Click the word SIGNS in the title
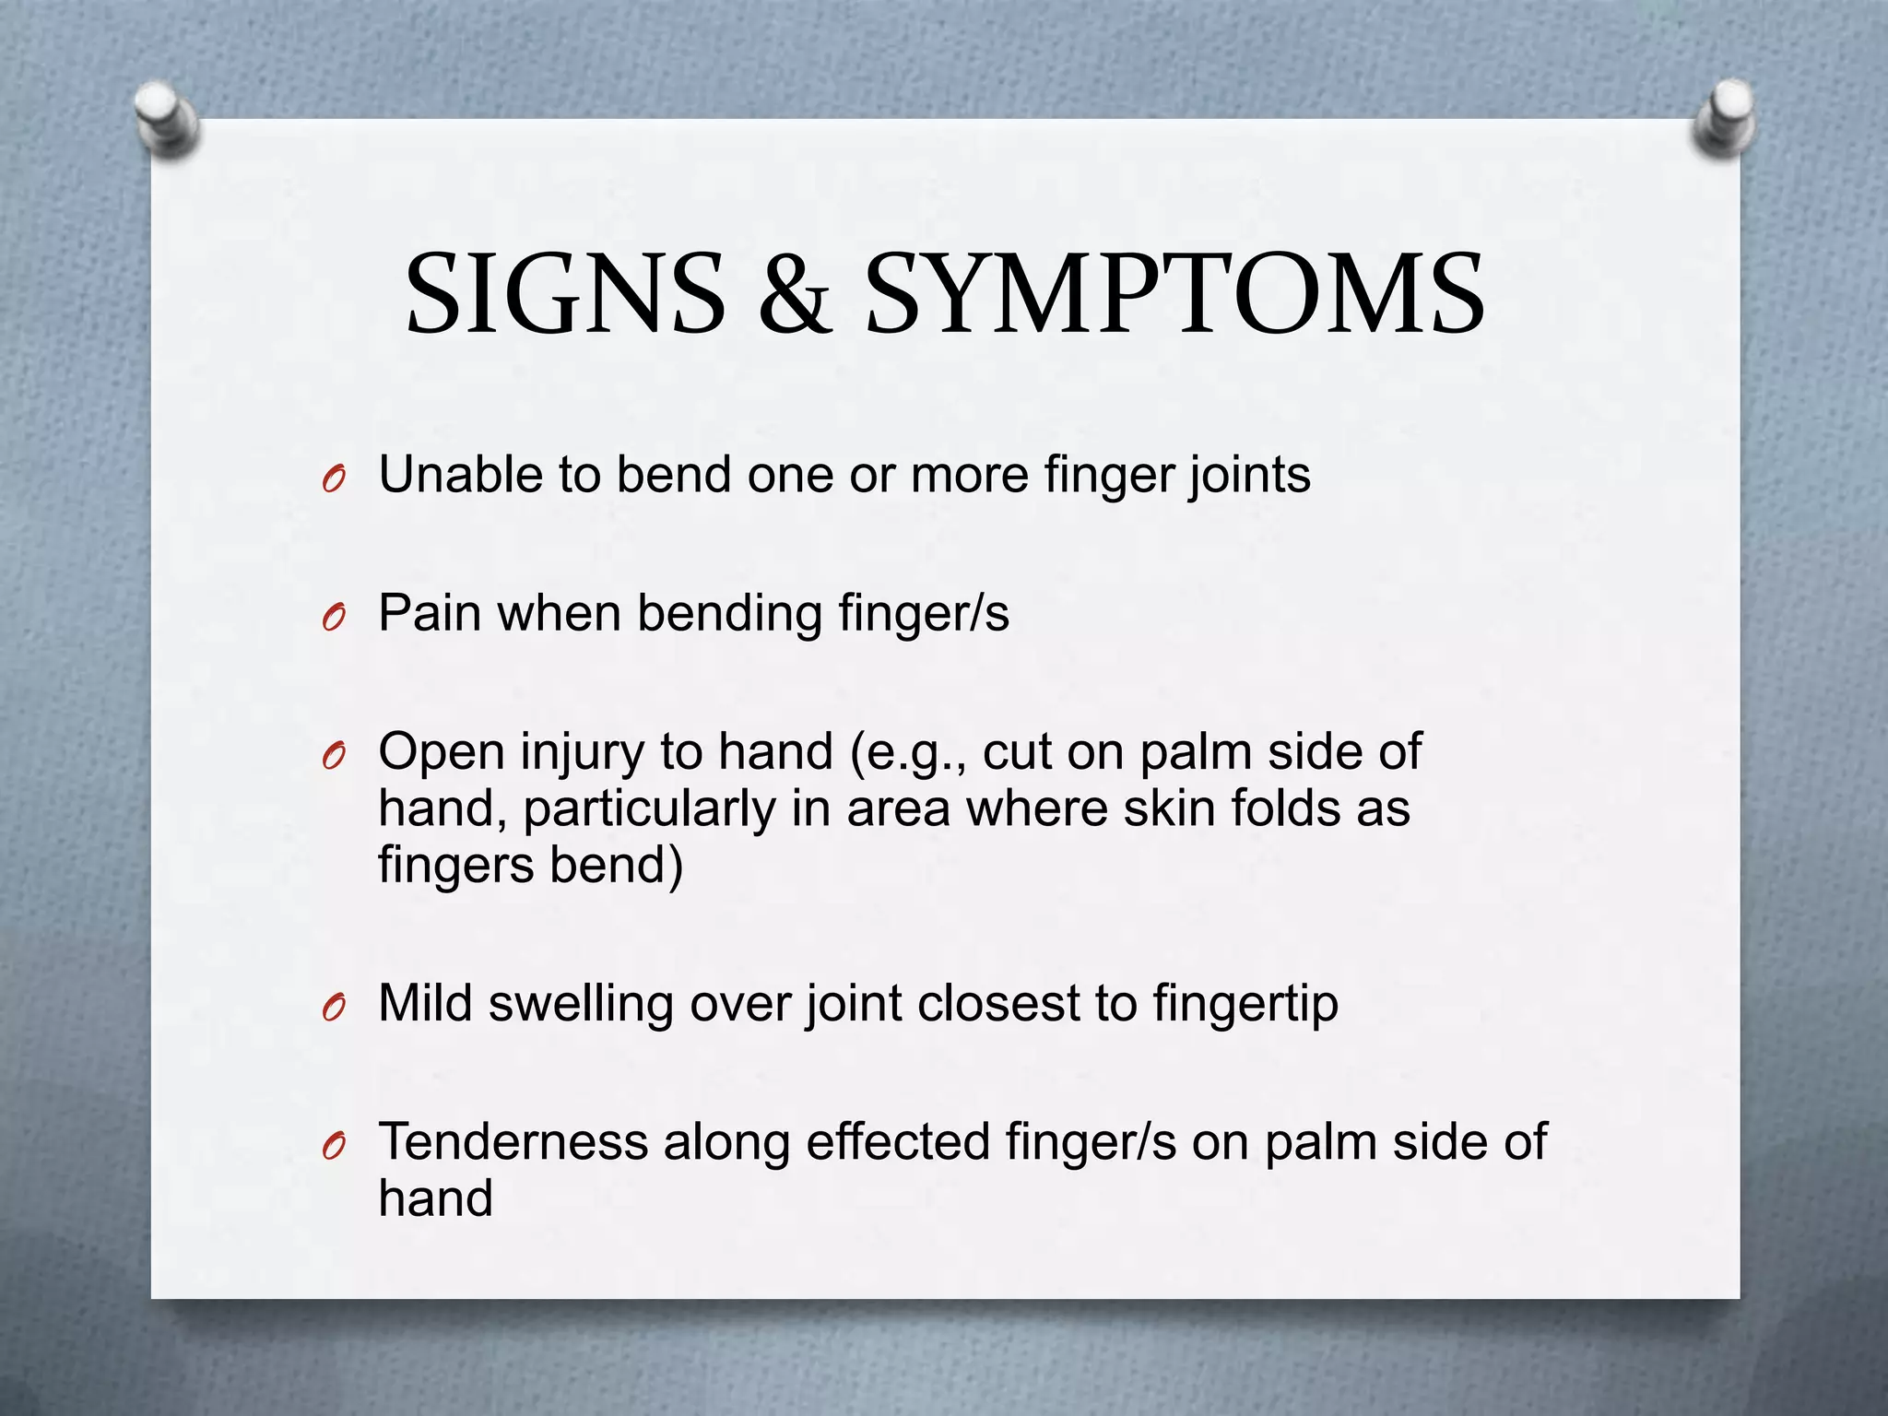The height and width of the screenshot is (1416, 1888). click(x=565, y=293)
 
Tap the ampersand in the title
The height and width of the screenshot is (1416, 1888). click(x=795, y=293)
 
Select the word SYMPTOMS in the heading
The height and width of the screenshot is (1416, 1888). click(x=1174, y=293)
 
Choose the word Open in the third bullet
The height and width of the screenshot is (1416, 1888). click(x=442, y=753)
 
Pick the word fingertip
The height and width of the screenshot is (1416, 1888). click(x=1245, y=1005)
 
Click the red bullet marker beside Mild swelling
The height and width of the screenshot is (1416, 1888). click(x=334, y=1009)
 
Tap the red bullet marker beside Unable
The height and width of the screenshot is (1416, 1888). click(x=334, y=480)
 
